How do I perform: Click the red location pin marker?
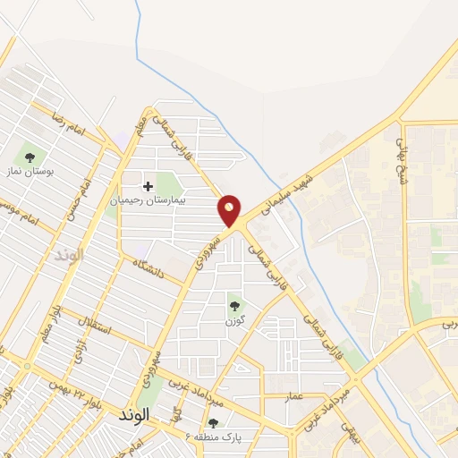pos(230,209)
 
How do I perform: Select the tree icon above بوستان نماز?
pos(30,157)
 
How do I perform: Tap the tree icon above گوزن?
pos(235,305)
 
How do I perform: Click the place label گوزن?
pos(234,319)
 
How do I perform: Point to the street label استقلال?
pos(92,321)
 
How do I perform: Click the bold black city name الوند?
pos(134,416)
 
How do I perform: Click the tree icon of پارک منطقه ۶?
pos(213,423)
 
